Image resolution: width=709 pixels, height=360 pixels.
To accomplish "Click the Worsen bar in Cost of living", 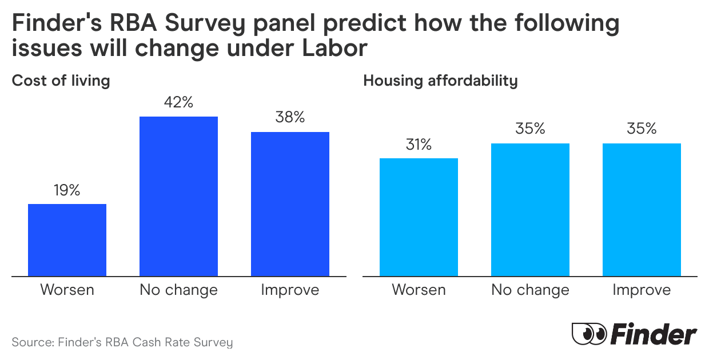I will point(67,240).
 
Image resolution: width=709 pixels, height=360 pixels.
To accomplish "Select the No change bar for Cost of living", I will point(179,197).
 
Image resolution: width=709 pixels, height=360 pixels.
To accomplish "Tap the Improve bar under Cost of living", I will point(290,204).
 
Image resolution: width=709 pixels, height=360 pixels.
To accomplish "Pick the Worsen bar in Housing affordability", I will point(419,217).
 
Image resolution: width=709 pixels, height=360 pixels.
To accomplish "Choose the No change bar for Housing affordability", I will point(530,210).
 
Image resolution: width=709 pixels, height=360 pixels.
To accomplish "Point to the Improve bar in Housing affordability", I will point(642,210).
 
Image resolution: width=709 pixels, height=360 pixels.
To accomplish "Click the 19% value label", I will point(67,191).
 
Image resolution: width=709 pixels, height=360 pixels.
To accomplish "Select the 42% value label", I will point(179,103).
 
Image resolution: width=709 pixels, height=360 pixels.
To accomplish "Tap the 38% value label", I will point(290,118).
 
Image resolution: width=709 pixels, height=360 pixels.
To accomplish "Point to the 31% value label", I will point(419,145).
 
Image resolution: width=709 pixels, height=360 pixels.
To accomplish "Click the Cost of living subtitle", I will point(61,81).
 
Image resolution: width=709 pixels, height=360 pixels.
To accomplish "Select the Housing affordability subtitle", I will point(440,81).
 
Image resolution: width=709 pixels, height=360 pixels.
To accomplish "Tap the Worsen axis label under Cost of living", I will point(67,290).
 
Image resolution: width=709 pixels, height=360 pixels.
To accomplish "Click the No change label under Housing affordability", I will point(530,290).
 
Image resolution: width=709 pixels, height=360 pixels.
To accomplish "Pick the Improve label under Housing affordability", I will point(642,290).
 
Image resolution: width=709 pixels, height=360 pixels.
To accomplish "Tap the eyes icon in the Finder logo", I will point(589,333).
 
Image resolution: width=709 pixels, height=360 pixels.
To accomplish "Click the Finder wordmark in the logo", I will point(654,334).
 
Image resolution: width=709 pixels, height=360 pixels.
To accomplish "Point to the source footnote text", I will point(122,343).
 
